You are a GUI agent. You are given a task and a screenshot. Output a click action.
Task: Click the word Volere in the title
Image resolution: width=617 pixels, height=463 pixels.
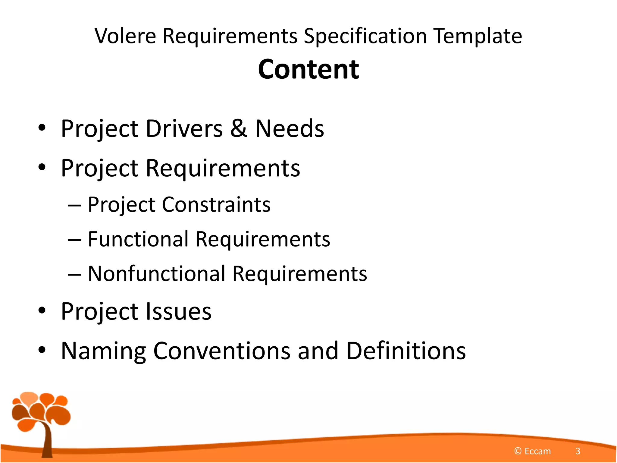(125, 36)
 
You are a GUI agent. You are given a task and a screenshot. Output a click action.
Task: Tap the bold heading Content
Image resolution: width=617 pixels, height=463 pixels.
(308, 69)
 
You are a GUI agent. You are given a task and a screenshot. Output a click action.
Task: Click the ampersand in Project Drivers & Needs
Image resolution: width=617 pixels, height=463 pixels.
(239, 128)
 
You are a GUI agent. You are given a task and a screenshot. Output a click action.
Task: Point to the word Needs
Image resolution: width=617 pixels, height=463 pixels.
(290, 128)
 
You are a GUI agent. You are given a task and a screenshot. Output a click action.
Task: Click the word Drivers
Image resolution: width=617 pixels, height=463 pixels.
(184, 128)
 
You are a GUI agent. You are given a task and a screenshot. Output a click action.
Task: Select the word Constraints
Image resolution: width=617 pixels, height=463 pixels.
(216, 205)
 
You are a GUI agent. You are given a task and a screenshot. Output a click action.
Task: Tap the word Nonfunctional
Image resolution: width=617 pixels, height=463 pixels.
(157, 274)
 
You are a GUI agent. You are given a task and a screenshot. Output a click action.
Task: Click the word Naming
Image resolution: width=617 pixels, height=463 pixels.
(103, 351)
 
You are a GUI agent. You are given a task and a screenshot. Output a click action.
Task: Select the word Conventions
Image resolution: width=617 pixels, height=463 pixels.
(222, 351)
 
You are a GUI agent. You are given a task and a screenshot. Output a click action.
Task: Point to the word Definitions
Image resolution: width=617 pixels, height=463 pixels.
(406, 351)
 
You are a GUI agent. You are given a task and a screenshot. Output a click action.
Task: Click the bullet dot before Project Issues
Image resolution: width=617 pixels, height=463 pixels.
(42, 310)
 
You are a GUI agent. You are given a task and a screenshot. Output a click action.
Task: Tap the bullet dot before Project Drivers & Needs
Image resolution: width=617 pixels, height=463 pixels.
(42, 128)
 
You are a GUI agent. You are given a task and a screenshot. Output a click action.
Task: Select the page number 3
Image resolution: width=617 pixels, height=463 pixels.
(578, 451)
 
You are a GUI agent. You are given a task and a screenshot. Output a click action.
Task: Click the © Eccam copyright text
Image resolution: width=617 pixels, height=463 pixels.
(532, 451)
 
